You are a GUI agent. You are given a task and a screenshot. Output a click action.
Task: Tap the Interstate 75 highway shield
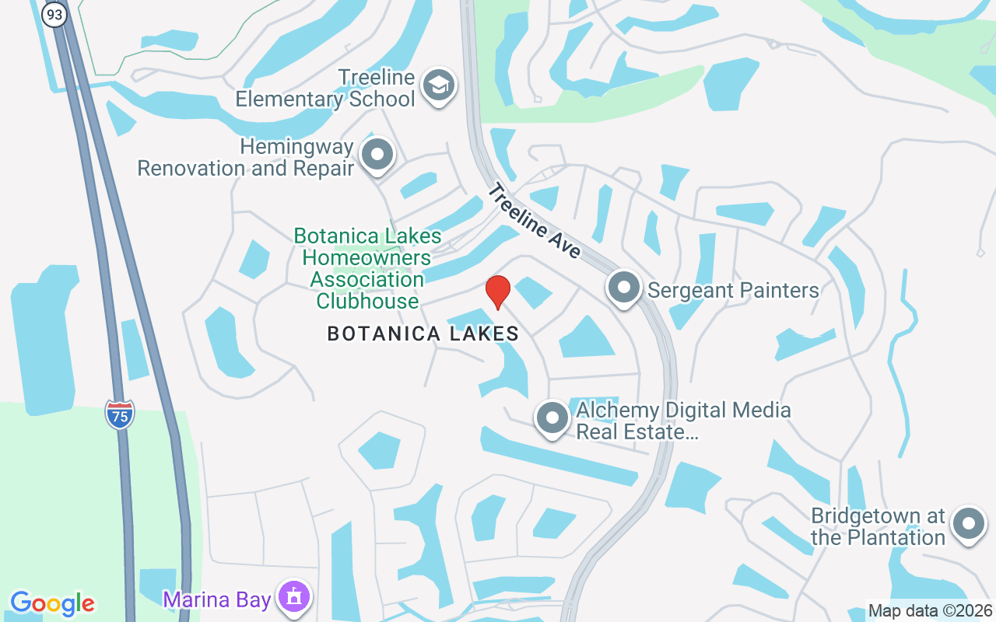[120, 414]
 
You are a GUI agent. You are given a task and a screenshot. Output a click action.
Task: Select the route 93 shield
[54, 14]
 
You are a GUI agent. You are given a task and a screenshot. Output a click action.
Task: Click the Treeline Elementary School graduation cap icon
[439, 86]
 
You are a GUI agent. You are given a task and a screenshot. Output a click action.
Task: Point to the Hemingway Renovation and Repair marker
[377, 154]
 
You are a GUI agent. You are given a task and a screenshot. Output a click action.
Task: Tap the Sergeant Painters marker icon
[624, 289]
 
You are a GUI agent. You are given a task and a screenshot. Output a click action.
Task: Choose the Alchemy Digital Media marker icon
[552, 418]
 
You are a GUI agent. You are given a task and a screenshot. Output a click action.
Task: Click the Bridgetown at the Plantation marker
[969, 523]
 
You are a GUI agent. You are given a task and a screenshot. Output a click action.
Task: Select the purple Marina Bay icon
[294, 598]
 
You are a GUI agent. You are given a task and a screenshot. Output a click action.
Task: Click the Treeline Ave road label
[535, 221]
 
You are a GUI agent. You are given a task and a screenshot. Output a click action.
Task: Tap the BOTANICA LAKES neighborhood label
[423, 334]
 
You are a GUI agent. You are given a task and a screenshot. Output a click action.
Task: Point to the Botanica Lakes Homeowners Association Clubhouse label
[367, 268]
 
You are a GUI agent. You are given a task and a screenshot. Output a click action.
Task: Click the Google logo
[52, 603]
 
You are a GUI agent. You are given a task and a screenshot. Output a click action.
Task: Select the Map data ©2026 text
[931, 611]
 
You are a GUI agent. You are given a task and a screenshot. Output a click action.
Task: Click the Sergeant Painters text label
[733, 291]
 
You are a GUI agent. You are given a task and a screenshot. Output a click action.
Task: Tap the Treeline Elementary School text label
[326, 89]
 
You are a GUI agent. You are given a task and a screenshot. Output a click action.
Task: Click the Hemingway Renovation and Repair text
[246, 157]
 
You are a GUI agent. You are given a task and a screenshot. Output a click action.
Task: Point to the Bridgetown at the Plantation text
[878, 526]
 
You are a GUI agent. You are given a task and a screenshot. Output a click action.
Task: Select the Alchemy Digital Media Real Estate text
[683, 421]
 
